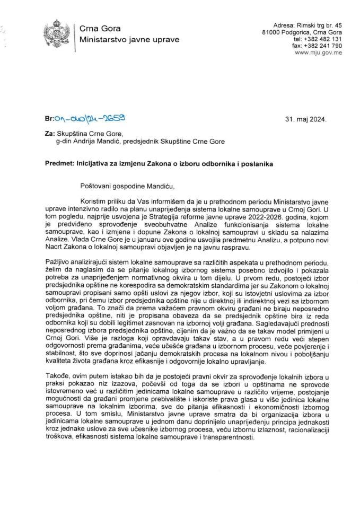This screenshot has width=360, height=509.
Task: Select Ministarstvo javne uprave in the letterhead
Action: tap(129, 39)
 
